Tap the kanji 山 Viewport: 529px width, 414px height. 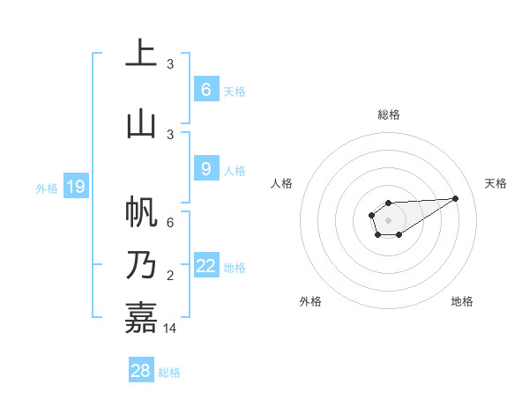(x=141, y=123)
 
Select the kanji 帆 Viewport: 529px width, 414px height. (x=141, y=213)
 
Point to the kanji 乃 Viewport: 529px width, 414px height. (x=141, y=265)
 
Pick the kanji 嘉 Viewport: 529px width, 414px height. (x=141, y=317)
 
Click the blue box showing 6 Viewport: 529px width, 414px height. (x=205, y=90)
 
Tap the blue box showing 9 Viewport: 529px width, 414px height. (x=205, y=169)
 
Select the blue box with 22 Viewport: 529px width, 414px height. (x=206, y=266)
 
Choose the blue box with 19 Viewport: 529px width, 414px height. (x=76, y=187)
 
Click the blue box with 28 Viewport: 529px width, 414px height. (x=141, y=371)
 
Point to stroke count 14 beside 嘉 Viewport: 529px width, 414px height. (x=171, y=329)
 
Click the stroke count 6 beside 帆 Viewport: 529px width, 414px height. (x=171, y=223)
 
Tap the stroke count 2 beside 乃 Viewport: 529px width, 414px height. (x=171, y=276)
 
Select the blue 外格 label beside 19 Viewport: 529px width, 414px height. (x=47, y=188)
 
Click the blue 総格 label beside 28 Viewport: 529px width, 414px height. (x=169, y=373)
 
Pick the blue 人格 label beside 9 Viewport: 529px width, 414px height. (x=235, y=170)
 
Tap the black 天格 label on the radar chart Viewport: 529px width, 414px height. (x=495, y=183)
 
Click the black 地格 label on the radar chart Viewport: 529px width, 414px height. (x=462, y=301)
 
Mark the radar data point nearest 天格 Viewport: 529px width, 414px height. (x=456, y=197)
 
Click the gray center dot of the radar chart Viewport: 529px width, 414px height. (x=388, y=218)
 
